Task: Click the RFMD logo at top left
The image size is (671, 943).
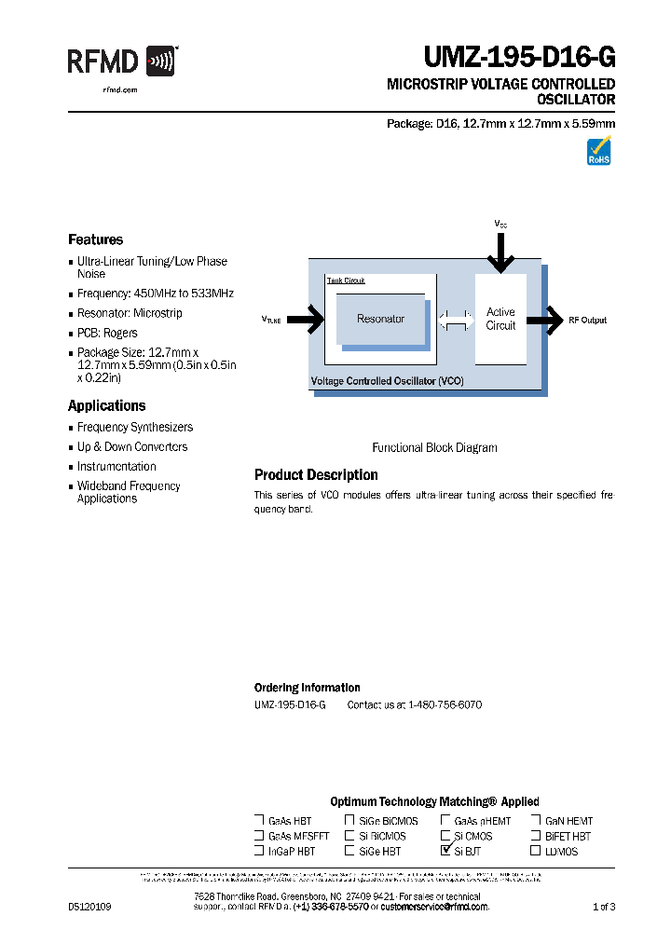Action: (121, 62)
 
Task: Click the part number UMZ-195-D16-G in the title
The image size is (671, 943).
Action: (519, 59)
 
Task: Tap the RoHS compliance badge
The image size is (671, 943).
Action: (598, 151)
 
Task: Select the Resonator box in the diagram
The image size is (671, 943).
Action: (380, 319)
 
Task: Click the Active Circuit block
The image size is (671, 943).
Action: (500, 319)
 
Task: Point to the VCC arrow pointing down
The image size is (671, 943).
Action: (500, 252)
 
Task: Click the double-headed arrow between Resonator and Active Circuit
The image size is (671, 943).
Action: (455, 320)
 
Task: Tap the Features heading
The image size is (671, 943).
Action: (95, 239)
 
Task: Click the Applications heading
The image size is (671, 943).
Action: (106, 405)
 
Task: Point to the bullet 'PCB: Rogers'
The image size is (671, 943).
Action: (107, 333)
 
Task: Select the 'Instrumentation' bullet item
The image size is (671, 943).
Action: (116, 466)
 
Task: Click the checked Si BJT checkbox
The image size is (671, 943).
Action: (445, 850)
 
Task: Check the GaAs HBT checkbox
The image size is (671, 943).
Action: (259, 820)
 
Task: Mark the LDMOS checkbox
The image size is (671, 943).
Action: (535, 850)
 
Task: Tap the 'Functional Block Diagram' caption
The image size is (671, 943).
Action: (434, 447)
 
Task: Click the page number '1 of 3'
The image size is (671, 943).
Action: (604, 907)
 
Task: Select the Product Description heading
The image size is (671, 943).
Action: (316, 475)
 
